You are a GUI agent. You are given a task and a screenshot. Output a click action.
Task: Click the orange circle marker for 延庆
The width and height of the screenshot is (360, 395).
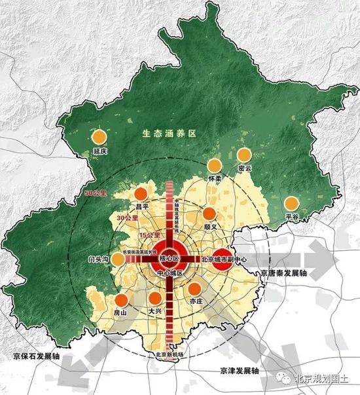pyautogui.click(x=99, y=137)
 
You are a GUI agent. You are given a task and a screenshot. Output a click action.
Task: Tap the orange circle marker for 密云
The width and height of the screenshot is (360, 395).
pyautogui.click(x=244, y=155)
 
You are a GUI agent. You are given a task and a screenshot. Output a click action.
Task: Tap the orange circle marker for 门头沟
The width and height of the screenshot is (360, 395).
pyautogui.click(x=118, y=259)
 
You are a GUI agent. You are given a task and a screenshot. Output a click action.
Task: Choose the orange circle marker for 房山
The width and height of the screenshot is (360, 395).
pyautogui.click(x=120, y=301)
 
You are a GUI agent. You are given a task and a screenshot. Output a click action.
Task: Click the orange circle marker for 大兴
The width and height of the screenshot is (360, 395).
pyautogui.click(x=155, y=299)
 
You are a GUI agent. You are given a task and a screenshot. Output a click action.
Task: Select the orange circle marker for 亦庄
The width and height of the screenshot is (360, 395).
pyautogui.click(x=194, y=288)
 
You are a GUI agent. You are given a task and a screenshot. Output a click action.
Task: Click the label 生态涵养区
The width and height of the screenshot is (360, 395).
pyautogui.click(x=170, y=134)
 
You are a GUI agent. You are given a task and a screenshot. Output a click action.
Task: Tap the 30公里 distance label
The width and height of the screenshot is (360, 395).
pyautogui.click(x=126, y=217)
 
